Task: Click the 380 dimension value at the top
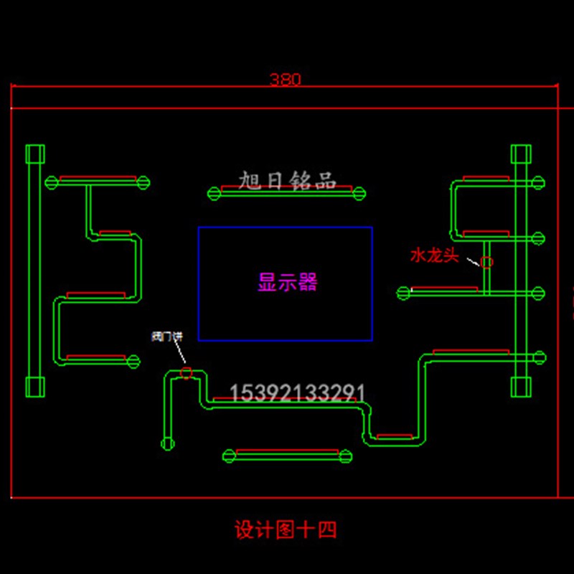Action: click(x=285, y=80)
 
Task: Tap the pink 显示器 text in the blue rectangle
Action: click(x=287, y=282)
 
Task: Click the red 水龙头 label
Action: click(x=434, y=255)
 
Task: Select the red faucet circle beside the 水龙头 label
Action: click(x=486, y=262)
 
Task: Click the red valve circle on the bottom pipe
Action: click(x=187, y=372)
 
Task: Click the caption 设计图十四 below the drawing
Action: click(x=286, y=530)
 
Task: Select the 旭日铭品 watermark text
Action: click(x=287, y=181)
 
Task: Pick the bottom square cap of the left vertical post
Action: click(x=35, y=387)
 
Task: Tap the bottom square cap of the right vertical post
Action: click(x=520, y=387)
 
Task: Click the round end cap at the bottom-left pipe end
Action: click(x=168, y=443)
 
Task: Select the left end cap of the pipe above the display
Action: click(x=214, y=192)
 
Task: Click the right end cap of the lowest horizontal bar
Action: click(x=345, y=456)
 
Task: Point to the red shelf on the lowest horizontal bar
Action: click(x=287, y=451)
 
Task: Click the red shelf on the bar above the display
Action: click(x=287, y=188)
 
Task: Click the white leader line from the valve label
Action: click(x=179, y=354)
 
